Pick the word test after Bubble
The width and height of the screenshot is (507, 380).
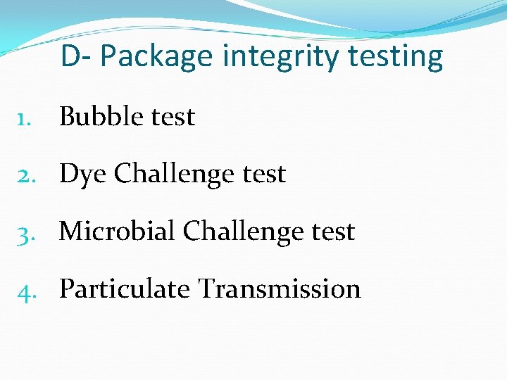coord(169,118)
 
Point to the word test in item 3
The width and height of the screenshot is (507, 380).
coord(329,232)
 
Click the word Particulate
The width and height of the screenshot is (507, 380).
coord(125,289)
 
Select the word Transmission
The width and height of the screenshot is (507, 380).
coord(280,289)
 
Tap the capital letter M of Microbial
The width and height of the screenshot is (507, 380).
coord(71,232)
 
